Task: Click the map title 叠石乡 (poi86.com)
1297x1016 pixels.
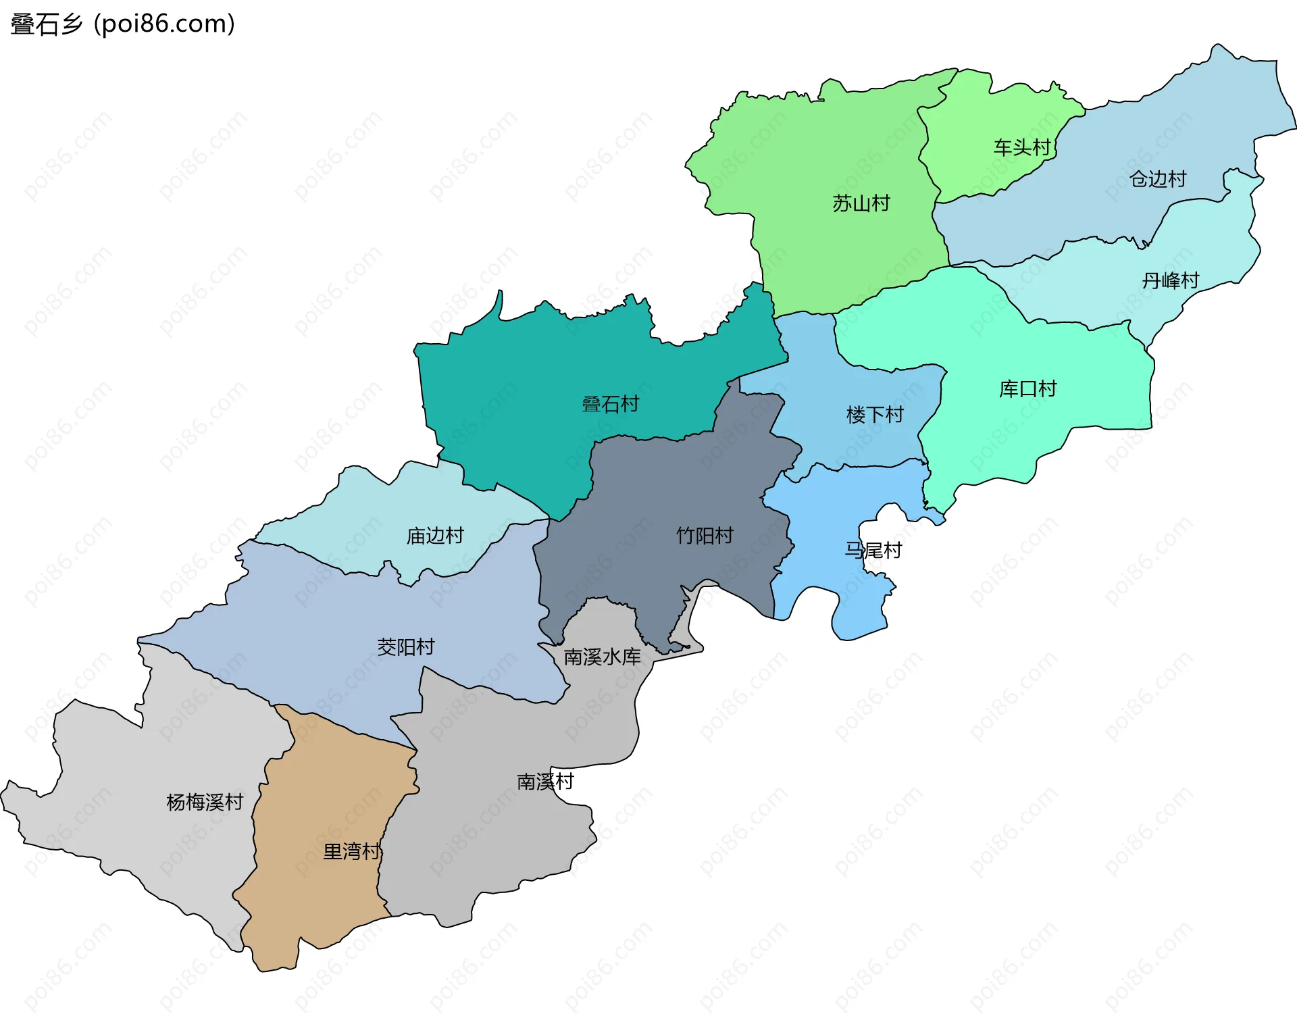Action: point(123,24)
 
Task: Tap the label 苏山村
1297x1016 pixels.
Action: point(861,203)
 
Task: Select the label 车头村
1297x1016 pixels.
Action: point(1021,147)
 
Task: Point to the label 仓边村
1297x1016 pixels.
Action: point(1158,179)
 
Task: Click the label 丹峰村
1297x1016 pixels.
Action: point(1170,280)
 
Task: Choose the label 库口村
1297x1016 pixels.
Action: point(1027,389)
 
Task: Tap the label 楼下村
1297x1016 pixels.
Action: point(875,415)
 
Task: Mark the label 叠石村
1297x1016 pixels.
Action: point(610,405)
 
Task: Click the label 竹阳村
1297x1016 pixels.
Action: point(705,536)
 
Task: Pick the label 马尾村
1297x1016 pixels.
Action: point(873,551)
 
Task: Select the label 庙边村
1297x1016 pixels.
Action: point(435,536)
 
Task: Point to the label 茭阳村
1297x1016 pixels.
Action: point(405,647)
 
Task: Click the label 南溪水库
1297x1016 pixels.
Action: point(602,657)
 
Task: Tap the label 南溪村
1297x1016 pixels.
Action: point(545,782)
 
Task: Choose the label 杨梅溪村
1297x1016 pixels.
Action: point(205,803)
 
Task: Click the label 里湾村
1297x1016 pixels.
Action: point(351,851)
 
